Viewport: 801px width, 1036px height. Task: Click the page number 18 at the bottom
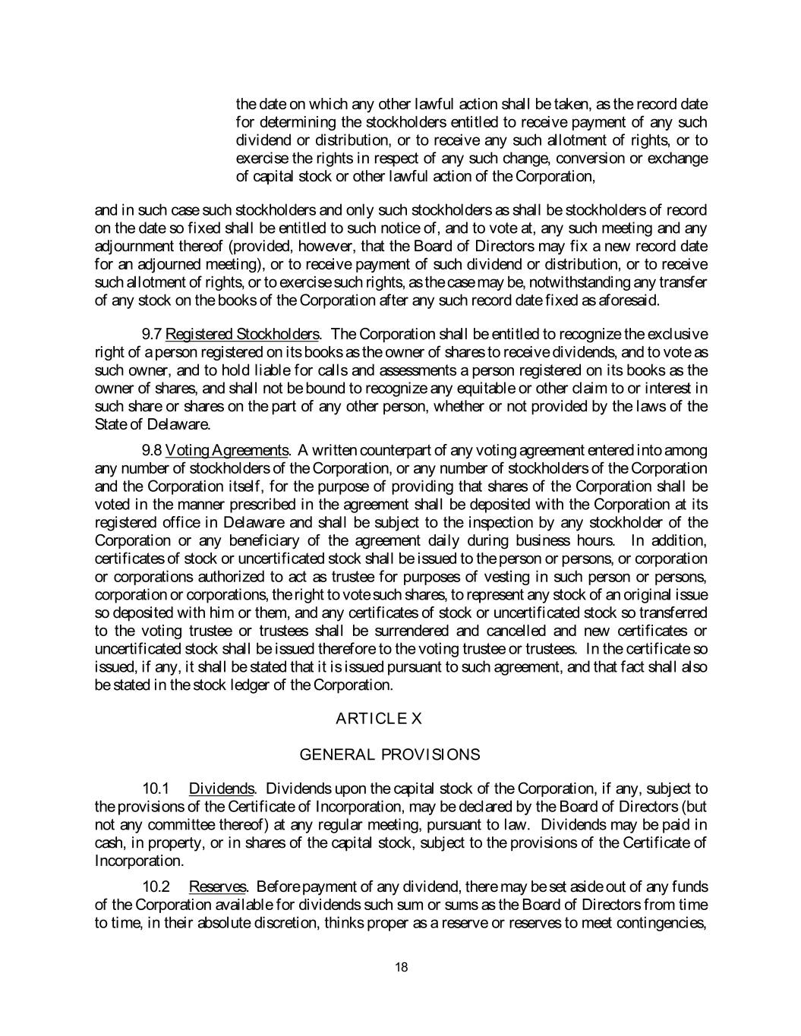[x=402, y=967]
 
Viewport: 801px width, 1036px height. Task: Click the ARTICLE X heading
[x=378, y=718]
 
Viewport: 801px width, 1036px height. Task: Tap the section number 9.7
[x=152, y=335]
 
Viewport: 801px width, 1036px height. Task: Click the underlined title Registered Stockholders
[x=242, y=335]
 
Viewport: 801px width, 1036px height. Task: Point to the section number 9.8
[x=152, y=450]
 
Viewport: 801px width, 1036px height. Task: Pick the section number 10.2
[x=155, y=886]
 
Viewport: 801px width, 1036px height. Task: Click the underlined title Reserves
[x=217, y=886]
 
